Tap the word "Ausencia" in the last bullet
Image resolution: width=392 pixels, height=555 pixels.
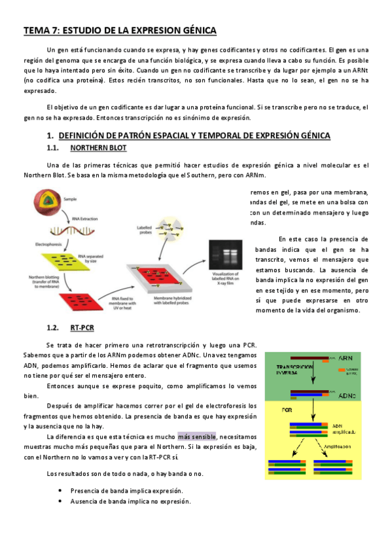86,501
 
